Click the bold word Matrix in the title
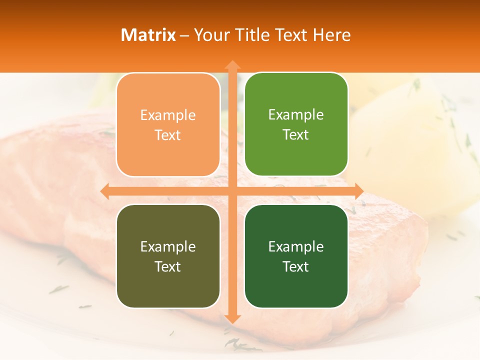pyautogui.click(x=148, y=35)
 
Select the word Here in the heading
pyautogui.click(x=332, y=35)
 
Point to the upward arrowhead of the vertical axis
pyautogui.click(x=232, y=65)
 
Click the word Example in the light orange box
pyautogui.click(x=168, y=115)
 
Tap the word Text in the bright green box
pyautogui.click(x=295, y=134)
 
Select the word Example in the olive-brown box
pyautogui.click(x=168, y=247)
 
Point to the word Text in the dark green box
pyautogui.click(x=295, y=266)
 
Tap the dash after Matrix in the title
pyautogui.click(x=184, y=35)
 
